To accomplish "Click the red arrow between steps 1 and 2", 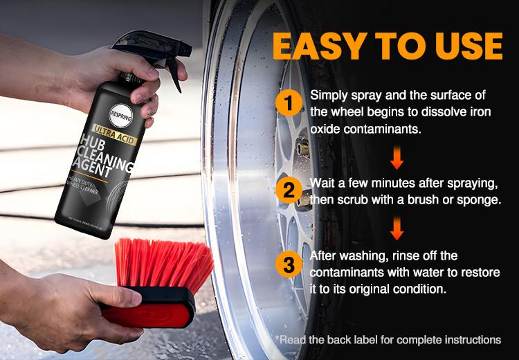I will [x=397, y=158].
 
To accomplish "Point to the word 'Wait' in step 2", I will [x=323, y=185].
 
